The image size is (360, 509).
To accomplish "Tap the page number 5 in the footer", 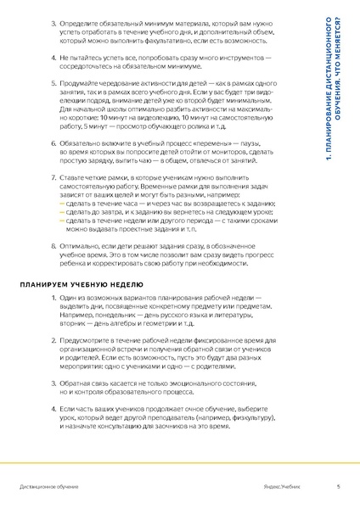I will [x=338, y=487].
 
